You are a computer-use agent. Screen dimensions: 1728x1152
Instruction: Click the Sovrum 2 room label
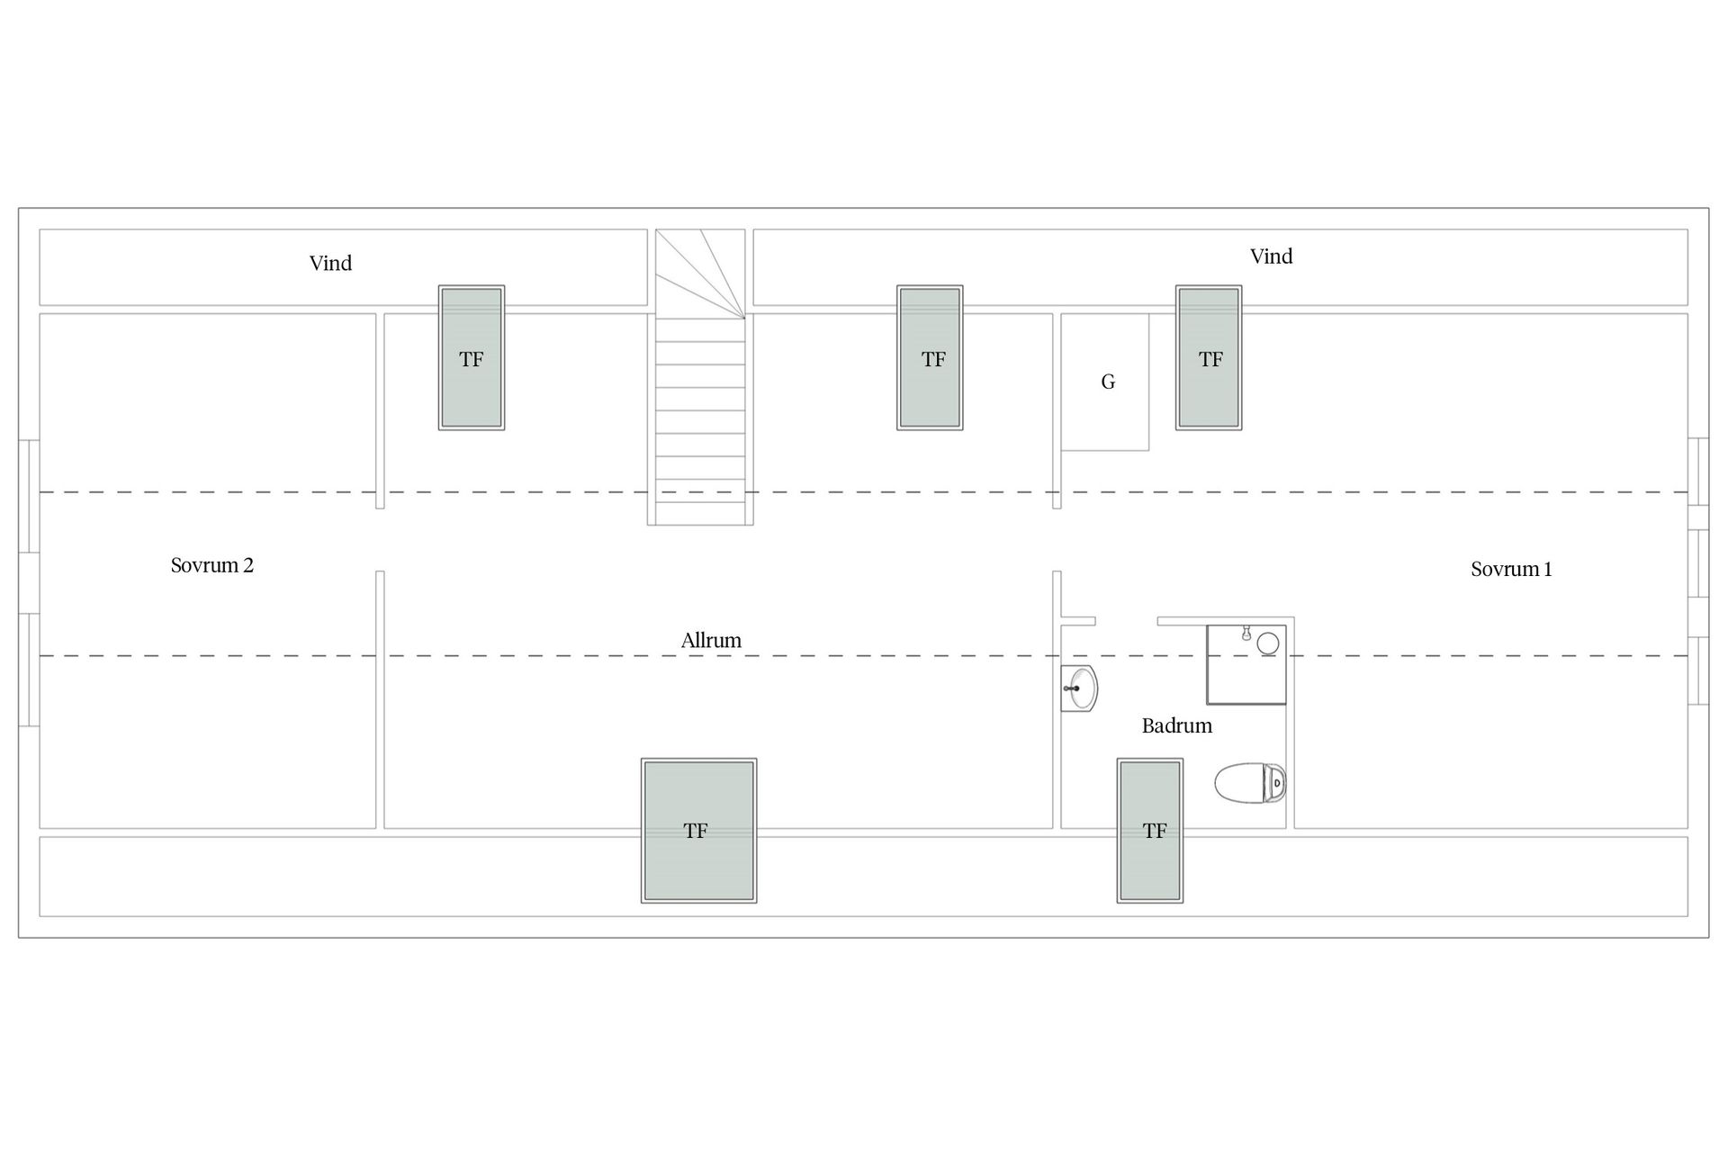tap(212, 565)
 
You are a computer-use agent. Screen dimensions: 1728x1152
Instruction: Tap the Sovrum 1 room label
tap(1511, 569)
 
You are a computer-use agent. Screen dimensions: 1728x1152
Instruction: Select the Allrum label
tap(711, 640)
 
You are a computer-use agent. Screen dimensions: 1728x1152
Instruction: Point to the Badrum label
tap(1176, 725)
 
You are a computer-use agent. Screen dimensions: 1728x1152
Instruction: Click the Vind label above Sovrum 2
tap(330, 263)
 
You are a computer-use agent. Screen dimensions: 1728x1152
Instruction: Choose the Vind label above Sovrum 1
tap(1271, 256)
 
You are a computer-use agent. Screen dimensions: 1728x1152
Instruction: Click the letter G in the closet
tap(1108, 382)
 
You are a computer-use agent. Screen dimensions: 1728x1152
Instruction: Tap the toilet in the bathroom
tap(1250, 782)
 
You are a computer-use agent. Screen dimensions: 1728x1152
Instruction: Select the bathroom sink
tap(1079, 688)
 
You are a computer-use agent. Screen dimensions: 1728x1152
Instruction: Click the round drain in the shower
tap(1268, 643)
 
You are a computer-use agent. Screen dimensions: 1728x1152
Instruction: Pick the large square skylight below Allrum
tap(698, 831)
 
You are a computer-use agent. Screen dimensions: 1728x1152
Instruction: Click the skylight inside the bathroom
tap(1150, 831)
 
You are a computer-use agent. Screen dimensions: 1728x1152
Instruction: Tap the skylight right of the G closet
tap(1209, 357)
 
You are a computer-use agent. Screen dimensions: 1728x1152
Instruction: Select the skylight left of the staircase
tap(472, 357)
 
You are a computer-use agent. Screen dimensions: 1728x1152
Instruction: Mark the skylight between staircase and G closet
tap(930, 357)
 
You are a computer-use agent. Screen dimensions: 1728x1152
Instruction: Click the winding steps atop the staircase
tap(700, 274)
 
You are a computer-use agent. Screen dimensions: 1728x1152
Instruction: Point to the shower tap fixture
tap(1246, 633)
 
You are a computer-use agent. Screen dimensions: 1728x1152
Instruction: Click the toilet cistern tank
tap(1275, 783)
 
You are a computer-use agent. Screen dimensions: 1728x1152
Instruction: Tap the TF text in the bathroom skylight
tap(1155, 831)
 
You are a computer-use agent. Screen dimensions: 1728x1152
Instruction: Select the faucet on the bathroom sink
tap(1072, 688)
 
